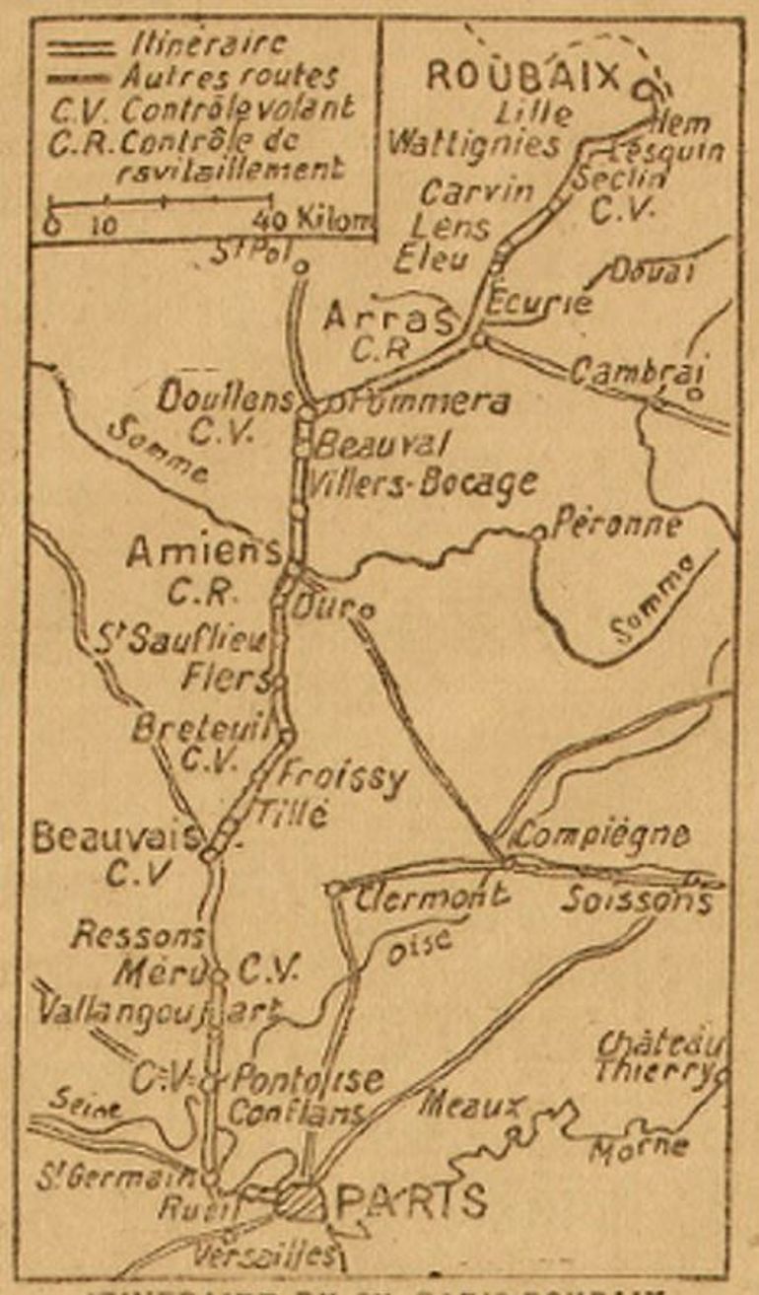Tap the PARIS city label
412,1201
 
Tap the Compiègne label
601,835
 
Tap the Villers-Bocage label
424,482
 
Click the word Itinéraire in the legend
208,44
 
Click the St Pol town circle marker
302,265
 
